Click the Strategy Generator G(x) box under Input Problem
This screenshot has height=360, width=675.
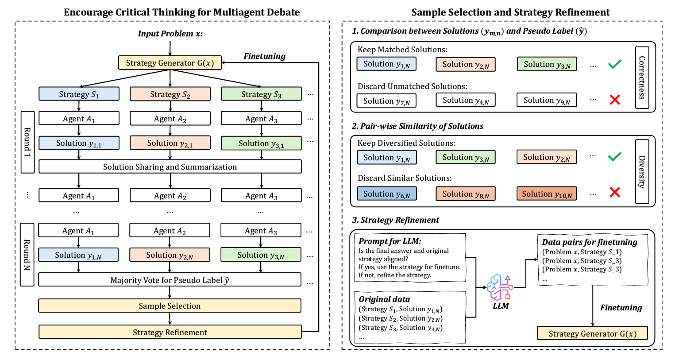(x=170, y=63)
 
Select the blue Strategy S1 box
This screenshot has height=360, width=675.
(x=79, y=94)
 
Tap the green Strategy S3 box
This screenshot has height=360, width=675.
(x=261, y=94)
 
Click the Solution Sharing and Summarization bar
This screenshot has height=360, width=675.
(x=170, y=166)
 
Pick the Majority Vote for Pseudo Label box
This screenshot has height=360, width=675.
(x=170, y=280)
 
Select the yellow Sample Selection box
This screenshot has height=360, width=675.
(x=170, y=306)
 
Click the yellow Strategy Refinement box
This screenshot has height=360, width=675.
(x=170, y=332)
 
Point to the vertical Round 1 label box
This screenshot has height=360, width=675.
(x=27, y=142)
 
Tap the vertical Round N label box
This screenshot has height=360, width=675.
(x=27, y=255)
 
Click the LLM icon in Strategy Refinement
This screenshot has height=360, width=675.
(x=500, y=287)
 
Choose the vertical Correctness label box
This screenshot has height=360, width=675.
(x=642, y=77)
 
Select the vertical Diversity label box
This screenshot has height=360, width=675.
(x=642, y=171)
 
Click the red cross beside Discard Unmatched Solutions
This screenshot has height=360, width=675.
(x=615, y=100)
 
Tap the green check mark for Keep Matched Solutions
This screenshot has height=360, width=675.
(x=615, y=64)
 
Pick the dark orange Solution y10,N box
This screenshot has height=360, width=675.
(x=547, y=194)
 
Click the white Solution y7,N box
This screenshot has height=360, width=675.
(x=386, y=101)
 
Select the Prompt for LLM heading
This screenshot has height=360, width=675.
(x=390, y=241)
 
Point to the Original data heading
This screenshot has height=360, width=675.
(x=384, y=299)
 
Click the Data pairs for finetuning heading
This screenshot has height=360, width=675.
(x=590, y=242)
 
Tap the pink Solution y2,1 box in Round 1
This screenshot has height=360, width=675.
(x=170, y=143)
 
